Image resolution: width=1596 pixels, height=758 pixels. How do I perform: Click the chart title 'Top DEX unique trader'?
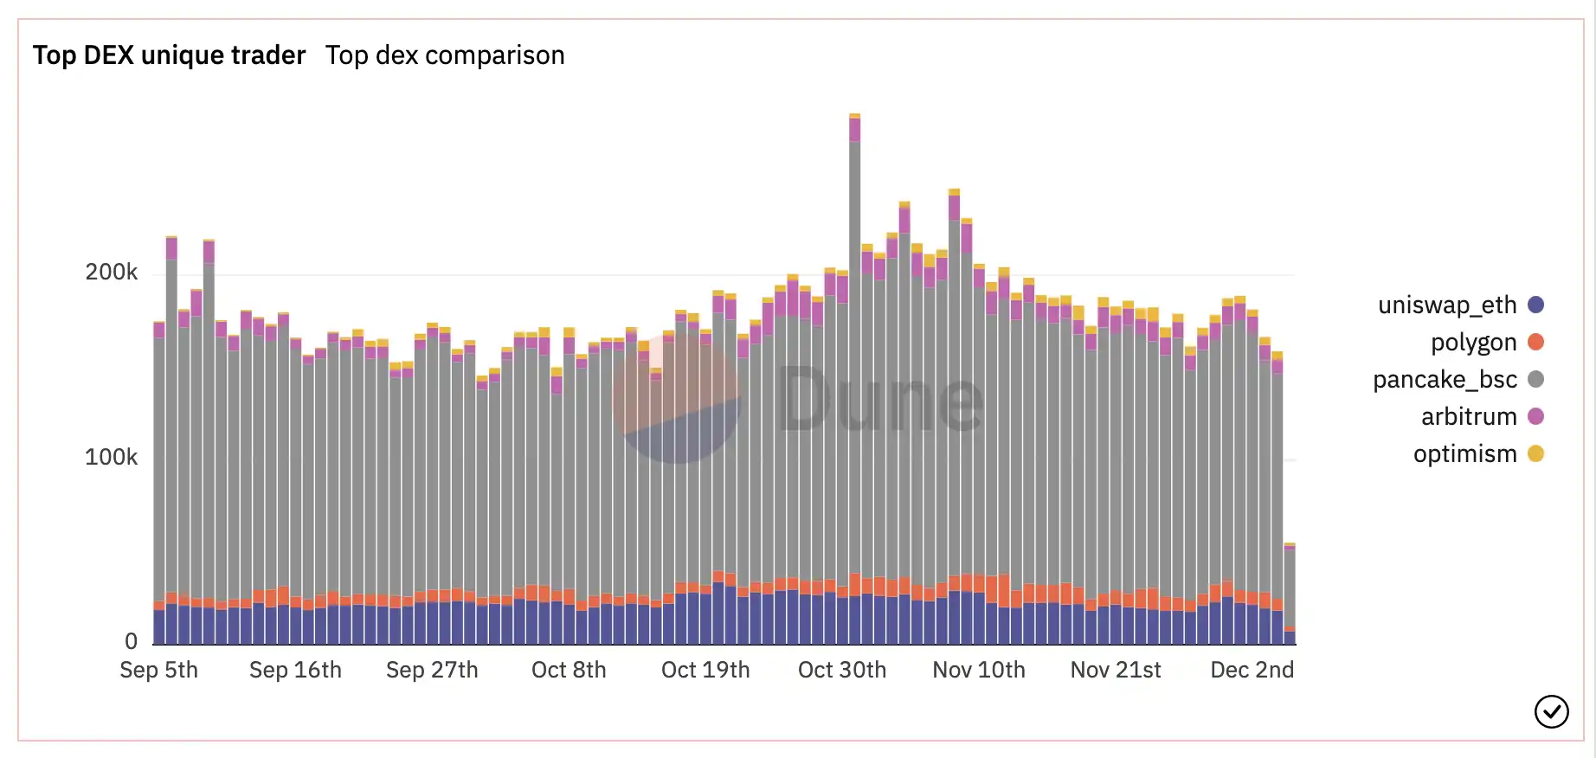(x=170, y=55)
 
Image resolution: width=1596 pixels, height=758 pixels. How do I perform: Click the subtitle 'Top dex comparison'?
(x=445, y=55)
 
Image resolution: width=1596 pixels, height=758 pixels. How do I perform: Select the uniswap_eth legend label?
(x=1447, y=305)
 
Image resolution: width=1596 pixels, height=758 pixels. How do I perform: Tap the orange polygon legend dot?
(x=1536, y=342)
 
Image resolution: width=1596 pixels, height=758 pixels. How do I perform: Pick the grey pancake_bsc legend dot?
(x=1536, y=379)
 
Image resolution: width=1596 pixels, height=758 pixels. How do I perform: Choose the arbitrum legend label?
(x=1469, y=416)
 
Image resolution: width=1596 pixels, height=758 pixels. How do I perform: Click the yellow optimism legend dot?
(x=1536, y=453)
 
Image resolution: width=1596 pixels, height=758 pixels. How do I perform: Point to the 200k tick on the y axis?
(x=111, y=272)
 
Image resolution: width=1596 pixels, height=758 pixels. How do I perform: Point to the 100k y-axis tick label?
(x=111, y=457)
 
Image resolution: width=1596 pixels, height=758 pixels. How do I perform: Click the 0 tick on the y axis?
(x=131, y=641)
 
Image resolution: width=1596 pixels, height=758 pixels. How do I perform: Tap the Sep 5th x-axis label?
(x=158, y=670)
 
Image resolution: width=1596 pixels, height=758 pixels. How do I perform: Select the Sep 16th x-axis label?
(x=295, y=670)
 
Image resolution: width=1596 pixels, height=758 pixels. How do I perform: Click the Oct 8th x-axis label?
(x=569, y=670)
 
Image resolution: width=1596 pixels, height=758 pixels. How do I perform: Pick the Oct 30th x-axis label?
(x=842, y=670)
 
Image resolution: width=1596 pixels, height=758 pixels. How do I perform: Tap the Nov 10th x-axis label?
(x=979, y=670)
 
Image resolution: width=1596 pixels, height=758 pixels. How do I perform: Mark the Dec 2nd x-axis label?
(x=1252, y=670)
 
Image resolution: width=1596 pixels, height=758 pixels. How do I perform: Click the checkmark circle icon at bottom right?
(x=1551, y=712)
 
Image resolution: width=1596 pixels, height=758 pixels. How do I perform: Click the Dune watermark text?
(x=880, y=399)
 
